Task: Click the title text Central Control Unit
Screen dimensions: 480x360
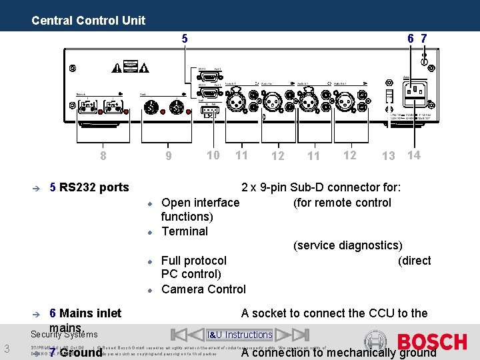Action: click(88, 20)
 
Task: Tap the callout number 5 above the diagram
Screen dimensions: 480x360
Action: click(185, 39)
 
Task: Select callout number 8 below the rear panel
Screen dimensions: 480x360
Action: click(103, 157)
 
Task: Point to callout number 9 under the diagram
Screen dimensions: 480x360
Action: click(169, 157)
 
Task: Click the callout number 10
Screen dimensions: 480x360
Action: click(213, 155)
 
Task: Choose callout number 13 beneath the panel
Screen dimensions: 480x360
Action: click(388, 156)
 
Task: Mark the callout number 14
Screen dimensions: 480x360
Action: click(414, 155)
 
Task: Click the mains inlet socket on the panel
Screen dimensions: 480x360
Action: click(417, 91)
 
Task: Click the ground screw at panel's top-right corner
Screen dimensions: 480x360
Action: click(425, 61)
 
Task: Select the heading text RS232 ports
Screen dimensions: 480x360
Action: click(94, 187)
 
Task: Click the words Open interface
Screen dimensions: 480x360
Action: click(201, 202)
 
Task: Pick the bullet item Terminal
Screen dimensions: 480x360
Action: click(185, 231)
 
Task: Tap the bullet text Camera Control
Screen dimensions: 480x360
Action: click(203, 289)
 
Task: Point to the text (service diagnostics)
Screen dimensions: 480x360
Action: click(348, 245)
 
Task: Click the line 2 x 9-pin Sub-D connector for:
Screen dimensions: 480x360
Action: click(321, 187)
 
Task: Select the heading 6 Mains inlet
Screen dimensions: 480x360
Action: click(85, 313)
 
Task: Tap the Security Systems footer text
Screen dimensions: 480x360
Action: click(64, 334)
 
